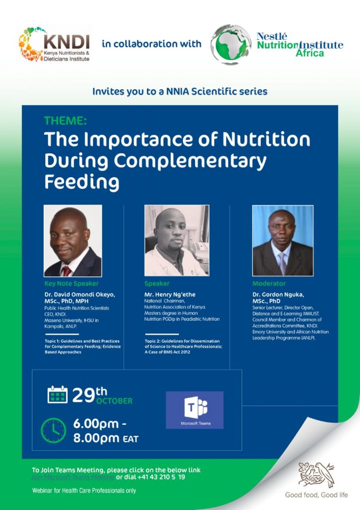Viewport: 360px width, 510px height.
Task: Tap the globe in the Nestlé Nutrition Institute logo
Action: click(x=231, y=44)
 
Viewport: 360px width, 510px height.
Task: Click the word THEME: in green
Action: click(x=65, y=121)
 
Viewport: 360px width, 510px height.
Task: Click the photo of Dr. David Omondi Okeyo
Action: click(x=73, y=241)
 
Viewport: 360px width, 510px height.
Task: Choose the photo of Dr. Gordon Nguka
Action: click(x=282, y=241)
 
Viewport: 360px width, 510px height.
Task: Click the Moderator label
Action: click(x=269, y=283)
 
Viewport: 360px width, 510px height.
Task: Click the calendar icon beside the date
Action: click(x=57, y=394)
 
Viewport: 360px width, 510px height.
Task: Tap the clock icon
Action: click(x=53, y=430)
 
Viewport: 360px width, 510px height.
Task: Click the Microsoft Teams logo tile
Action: click(x=195, y=410)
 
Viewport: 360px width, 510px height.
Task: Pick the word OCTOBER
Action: click(x=115, y=401)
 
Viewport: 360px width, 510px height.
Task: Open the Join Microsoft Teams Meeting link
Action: click(x=73, y=477)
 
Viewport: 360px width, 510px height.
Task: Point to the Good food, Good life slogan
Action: click(x=316, y=495)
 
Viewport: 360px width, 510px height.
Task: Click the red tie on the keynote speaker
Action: click(x=66, y=270)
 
